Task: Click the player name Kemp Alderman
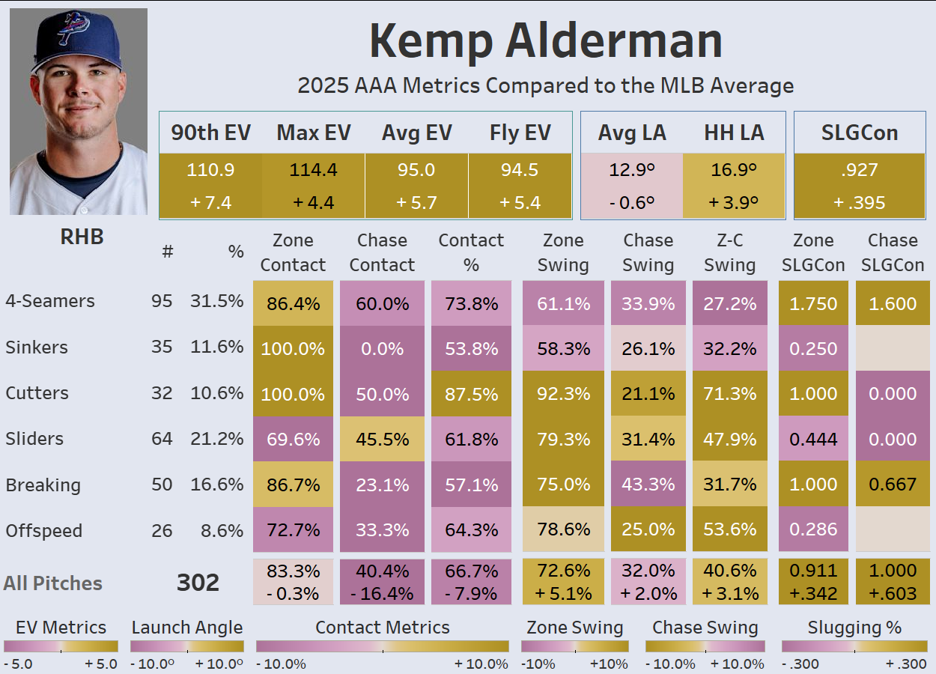point(545,41)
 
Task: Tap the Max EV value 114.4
point(313,170)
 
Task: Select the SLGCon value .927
point(859,170)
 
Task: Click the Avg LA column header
point(632,133)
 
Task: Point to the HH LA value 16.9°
point(735,170)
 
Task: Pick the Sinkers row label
point(37,347)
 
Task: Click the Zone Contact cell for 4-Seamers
point(293,304)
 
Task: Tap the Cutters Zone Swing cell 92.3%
point(563,394)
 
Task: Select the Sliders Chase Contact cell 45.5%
point(382,440)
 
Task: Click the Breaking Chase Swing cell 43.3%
point(648,485)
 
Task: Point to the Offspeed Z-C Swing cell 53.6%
point(729,530)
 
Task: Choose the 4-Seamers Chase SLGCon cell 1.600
point(893,304)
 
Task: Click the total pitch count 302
point(198,583)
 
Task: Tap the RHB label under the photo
point(82,237)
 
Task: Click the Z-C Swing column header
point(729,252)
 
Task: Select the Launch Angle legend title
point(186,628)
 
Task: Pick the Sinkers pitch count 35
point(162,347)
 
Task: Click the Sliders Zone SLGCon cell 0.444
point(813,440)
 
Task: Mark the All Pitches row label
point(52,583)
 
